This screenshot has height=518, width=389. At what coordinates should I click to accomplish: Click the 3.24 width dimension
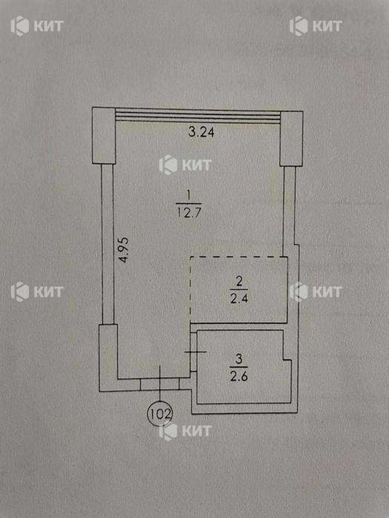pyautogui.click(x=201, y=132)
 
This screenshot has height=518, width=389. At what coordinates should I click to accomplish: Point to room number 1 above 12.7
pyautogui.click(x=188, y=196)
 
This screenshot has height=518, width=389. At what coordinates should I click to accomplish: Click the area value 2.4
pyautogui.click(x=239, y=299)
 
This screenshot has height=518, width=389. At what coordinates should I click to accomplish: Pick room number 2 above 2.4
pyautogui.click(x=239, y=282)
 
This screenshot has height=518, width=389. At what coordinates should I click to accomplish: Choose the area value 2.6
pyautogui.click(x=239, y=376)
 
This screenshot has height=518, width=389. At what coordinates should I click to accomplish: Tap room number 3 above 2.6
pyautogui.click(x=239, y=359)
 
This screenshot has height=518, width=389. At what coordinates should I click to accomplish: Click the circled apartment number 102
pyautogui.click(x=160, y=414)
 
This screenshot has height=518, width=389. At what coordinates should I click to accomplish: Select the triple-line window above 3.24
pyautogui.click(x=198, y=116)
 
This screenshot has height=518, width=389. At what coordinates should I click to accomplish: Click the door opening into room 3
pyautogui.click(x=194, y=352)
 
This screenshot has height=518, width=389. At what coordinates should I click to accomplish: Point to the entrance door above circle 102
pyautogui.click(x=160, y=384)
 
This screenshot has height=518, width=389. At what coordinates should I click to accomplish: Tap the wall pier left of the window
pyautogui.click(x=104, y=136)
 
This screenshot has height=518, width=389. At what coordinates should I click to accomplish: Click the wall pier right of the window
pyautogui.click(x=291, y=139)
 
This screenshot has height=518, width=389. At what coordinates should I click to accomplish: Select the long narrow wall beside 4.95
pyautogui.click(x=107, y=244)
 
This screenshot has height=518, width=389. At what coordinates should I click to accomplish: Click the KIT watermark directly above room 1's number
pyautogui.click(x=185, y=165)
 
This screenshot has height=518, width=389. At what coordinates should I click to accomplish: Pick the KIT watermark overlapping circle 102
pyautogui.click(x=185, y=431)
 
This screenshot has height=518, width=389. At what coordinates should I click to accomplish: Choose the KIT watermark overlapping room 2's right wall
pyautogui.click(x=316, y=292)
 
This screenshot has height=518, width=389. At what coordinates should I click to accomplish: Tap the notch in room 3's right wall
pyautogui.click(x=287, y=360)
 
